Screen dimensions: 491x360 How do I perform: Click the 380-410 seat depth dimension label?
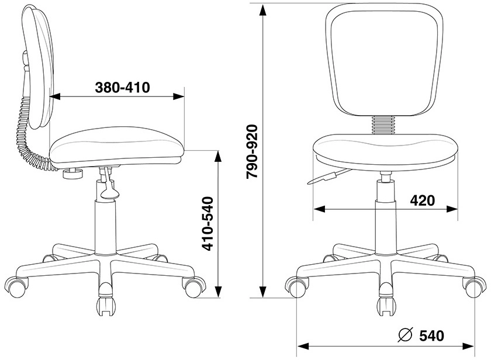(122, 88)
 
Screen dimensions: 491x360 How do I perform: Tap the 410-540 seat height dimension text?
(208, 223)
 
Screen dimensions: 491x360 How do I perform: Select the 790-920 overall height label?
(252, 151)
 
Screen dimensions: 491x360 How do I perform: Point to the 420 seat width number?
(423, 200)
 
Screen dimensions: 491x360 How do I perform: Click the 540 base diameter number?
(431, 335)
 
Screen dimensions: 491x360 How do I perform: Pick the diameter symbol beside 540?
(405, 335)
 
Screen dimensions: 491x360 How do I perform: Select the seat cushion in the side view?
(117, 146)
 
